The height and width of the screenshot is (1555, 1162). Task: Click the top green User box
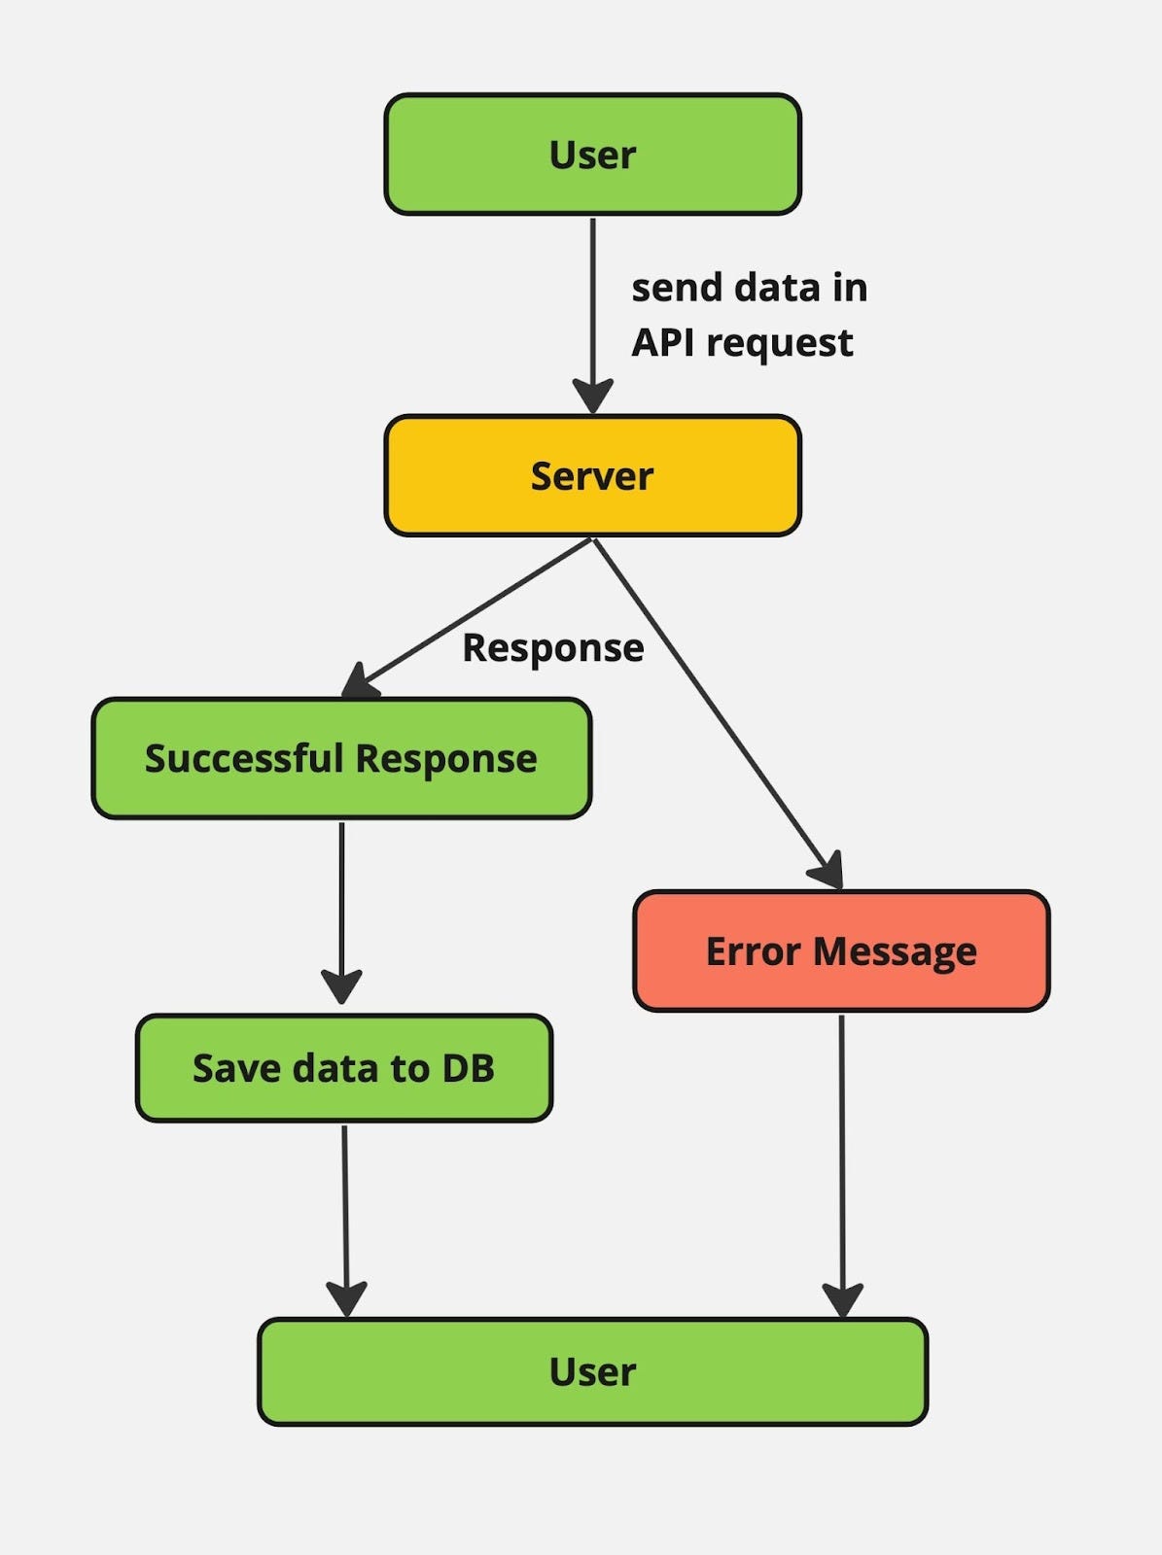click(592, 155)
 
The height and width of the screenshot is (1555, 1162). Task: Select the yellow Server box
click(592, 476)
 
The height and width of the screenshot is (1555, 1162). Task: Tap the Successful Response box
click(341, 758)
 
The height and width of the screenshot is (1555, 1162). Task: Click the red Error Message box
click(841, 951)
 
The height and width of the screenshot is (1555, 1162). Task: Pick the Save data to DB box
click(344, 1068)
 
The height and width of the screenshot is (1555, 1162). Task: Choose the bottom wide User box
click(592, 1372)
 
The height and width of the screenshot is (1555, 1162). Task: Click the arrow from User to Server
click(592, 301)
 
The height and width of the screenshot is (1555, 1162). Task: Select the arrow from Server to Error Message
click(715, 709)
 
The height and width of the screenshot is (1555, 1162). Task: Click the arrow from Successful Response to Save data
click(341, 904)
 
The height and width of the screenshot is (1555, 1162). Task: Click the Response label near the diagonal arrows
click(552, 648)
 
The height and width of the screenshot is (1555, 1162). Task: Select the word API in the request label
click(663, 343)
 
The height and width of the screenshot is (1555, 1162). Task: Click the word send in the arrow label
click(676, 288)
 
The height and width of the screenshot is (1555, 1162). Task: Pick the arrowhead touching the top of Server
click(592, 396)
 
